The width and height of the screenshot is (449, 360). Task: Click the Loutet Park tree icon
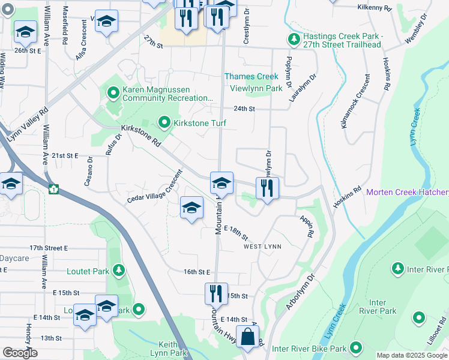pyautogui.click(x=119, y=271)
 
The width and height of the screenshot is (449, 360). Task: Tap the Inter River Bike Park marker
pyautogui.click(x=356, y=348)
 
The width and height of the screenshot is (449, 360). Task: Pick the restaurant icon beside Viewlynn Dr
pyautogui.click(x=267, y=188)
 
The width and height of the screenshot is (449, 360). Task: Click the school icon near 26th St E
pyautogui.click(x=25, y=32)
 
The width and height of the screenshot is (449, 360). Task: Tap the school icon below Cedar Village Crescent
pyautogui.click(x=191, y=208)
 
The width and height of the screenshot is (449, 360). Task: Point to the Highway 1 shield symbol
pyautogui.click(x=53, y=189)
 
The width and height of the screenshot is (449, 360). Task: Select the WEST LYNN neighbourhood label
pyautogui.click(x=262, y=247)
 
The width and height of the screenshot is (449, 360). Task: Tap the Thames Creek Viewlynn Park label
pyautogui.click(x=252, y=82)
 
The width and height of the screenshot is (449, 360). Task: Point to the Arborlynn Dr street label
pyautogui.click(x=301, y=293)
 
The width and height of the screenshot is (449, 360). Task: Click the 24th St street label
pyautogui.click(x=244, y=109)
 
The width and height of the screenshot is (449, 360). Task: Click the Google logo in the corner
pyautogui.click(x=20, y=353)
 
